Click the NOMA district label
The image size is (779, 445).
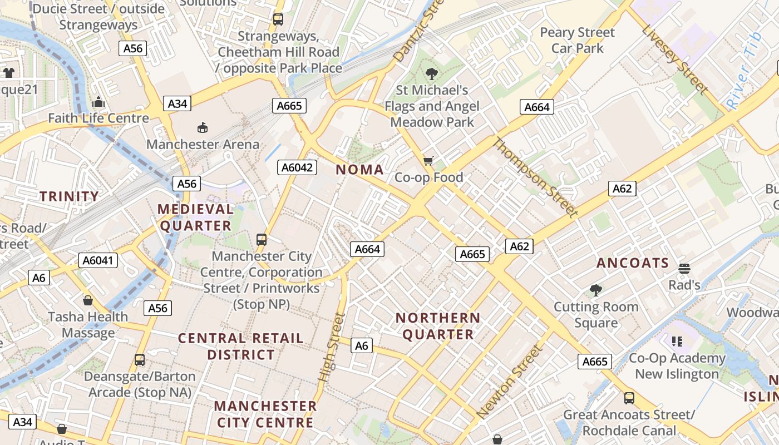(359, 170)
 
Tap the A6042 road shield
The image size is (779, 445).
(297, 167)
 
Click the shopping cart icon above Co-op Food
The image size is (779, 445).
(428, 161)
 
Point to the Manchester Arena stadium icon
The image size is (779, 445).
(203, 128)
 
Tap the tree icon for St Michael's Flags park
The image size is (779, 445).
(431, 73)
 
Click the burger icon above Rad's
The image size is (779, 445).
(684, 269)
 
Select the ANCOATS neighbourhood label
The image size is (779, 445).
(633, 263)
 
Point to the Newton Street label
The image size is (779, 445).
(509, 382)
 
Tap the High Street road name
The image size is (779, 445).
(332, 347)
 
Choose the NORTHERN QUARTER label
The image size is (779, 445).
(438, 326)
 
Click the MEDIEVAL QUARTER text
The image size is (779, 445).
(196, 217)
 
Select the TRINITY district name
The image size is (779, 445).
(69, 196)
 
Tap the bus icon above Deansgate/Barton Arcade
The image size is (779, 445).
(140, 360)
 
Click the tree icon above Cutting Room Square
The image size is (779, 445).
(596, 290)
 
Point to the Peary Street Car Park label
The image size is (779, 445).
(578, 40)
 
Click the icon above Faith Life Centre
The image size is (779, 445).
(98, 102)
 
